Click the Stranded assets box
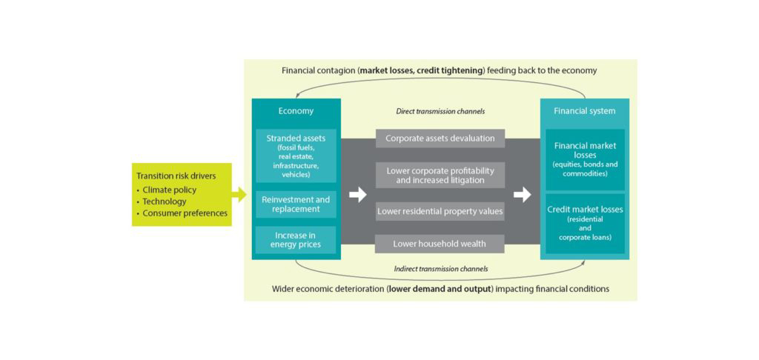click(x=296, y=156)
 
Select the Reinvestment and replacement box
click(x=296, y=204)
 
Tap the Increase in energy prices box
click(x=296, y=239)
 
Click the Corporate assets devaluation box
click(x=440, y=139)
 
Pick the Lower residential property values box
click(x=440, y=211)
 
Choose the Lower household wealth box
click(x=440, y=244)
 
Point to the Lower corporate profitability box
click(x=440, y=175)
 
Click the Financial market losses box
click(x=585, y=159)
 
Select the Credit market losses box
click(x=585, y=223)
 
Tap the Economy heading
click(x=296, y=111)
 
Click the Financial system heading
click(x=585, y=111)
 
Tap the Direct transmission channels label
click(x=440, y=111)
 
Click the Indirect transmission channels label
click(x=440, y=268)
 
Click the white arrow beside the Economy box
click(x=358, y=195)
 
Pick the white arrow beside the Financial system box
click(x=523, y=195)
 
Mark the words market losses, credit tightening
click(x=420, y=70)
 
